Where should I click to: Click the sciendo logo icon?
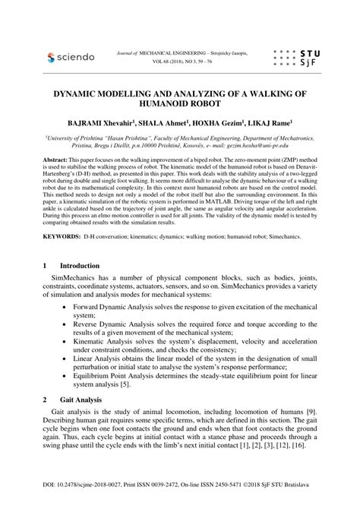point(52,57)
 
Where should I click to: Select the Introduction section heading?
point(81,267)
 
